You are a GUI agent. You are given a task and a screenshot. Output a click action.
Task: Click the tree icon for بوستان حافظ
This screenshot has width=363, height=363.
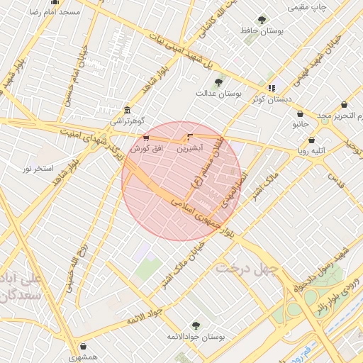click(262, 20)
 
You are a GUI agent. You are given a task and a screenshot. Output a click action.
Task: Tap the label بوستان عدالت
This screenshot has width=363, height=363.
click(219, 93)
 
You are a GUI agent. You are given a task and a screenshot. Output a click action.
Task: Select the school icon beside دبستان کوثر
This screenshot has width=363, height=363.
click(271, 88)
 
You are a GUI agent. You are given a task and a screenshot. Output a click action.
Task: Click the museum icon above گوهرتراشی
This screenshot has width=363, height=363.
click(127, 111)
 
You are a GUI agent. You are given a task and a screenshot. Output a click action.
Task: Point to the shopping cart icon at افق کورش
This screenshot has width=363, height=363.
click(146, 138)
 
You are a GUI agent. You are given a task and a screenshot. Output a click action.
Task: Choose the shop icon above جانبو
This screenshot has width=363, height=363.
click(300, 113)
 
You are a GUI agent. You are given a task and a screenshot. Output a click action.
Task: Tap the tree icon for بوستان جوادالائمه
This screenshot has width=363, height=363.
click(196, 325)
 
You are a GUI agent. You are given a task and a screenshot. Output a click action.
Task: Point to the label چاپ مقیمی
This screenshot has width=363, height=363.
click(307, 7)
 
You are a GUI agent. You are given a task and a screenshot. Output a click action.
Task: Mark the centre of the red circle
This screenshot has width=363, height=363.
click(181, 181)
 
